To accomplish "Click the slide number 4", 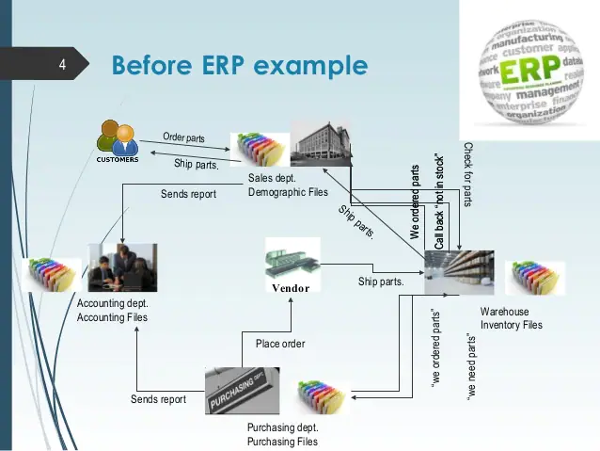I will [61, 66].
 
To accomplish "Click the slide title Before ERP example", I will [239, 66].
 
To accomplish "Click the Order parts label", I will [183, 137].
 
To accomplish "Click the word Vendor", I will [291, 288].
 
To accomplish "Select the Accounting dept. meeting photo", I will [121, 268].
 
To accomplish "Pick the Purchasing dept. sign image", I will [242, 391].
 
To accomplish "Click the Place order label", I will [280, 344].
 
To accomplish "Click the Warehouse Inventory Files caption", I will [512, 318].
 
